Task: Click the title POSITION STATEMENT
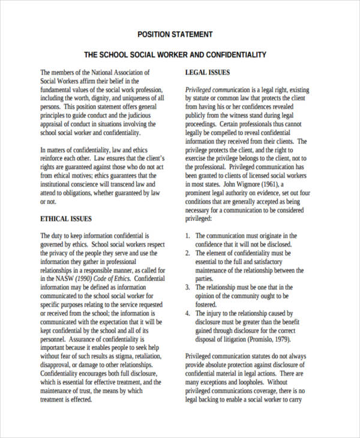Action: point(175,34)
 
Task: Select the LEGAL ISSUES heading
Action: point(208,73)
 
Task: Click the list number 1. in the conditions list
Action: point(188,236)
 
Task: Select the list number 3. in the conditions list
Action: point(188,287)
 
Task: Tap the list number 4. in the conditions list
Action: point(188,313)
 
